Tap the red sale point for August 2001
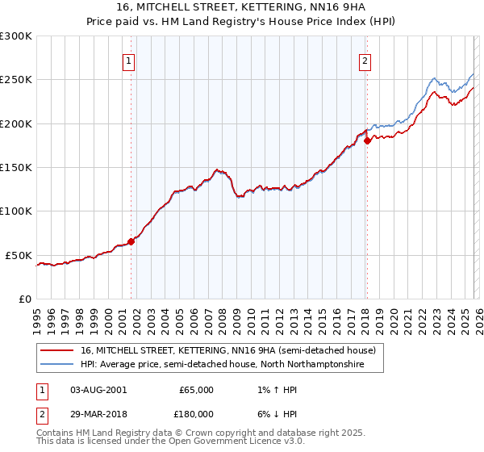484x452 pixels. tap(131, 241)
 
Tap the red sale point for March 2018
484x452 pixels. tap(367, 140)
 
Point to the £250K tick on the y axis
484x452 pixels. tap(16, 80)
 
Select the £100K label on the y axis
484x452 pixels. tap(16, 211)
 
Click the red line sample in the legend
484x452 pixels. tap(57, 351)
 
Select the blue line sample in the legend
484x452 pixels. tap(57, 365)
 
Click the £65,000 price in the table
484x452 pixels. tap(196, 390)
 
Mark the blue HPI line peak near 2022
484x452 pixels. tap(434, 78)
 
